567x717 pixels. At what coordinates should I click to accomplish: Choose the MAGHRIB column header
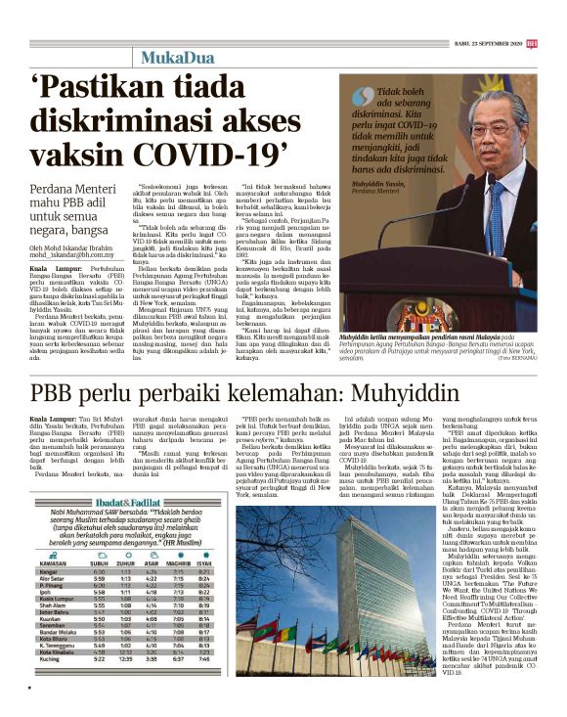(180, 563)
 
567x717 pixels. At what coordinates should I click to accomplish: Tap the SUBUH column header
(100, 563)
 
